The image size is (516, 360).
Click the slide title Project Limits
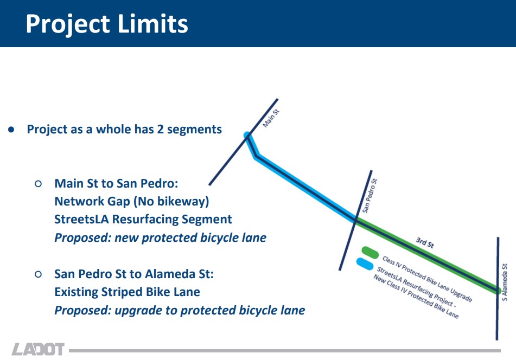click(x=107, y=24)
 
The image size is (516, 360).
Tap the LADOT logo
click(x=38, y=349)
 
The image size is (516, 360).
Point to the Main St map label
click(x=271, y=118)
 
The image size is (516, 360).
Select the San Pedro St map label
click(x=370, y=196)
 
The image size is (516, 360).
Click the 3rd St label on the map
click(x=425, y=242)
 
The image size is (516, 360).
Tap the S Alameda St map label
click(x=505, y=282)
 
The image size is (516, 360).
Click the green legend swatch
click(x=370, y=252)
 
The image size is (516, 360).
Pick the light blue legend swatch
click(x=365, y=263)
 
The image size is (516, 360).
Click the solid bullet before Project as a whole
click(x=11, y=130)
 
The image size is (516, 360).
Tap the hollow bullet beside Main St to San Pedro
click(x=38, y=183)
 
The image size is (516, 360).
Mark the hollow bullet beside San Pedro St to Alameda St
click(x=38, y=274)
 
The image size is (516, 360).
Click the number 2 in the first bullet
click(x=160, y=129)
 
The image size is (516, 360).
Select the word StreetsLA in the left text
click(x=81, y=219)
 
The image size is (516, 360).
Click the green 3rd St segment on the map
click(x=428, y=255)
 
